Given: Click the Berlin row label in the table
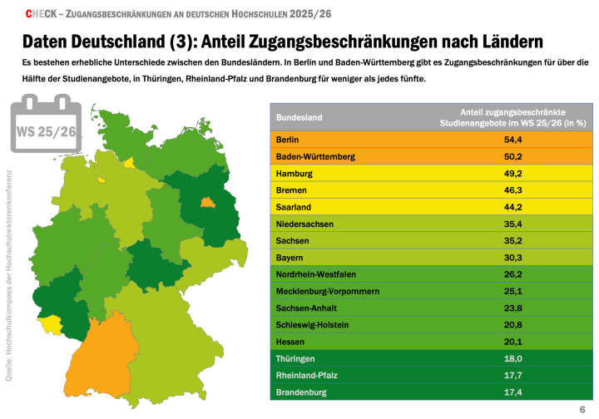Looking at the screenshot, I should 287,140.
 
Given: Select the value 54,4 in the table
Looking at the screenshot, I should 513,140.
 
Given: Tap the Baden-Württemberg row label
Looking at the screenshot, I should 315,156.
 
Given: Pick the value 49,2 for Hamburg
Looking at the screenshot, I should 513,173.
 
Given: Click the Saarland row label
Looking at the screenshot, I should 294,207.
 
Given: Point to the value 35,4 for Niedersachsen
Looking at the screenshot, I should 513,224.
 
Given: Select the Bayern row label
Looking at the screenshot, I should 290,258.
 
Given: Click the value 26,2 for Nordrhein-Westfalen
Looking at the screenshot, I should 513,274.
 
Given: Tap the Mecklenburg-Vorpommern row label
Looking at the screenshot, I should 327,291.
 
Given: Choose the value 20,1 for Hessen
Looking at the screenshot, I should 513,342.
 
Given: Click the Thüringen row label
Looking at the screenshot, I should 295,358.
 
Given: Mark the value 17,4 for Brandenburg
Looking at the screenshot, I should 513,392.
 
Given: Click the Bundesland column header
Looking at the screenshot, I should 299,117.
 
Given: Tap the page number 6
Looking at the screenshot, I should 582,410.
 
